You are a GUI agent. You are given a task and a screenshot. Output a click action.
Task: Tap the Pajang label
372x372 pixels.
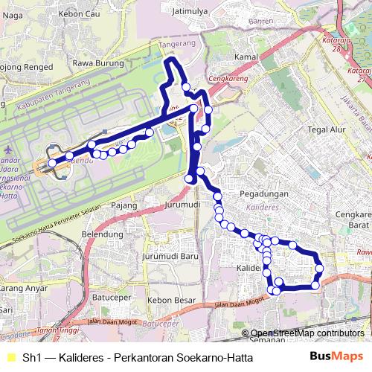pos(124,204)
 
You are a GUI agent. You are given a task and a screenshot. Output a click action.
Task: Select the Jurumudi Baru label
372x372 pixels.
pos(167,257)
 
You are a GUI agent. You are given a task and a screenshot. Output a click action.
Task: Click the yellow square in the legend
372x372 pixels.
pos(9,358)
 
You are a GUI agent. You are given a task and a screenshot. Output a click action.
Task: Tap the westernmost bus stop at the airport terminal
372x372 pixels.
pos(52,162)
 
